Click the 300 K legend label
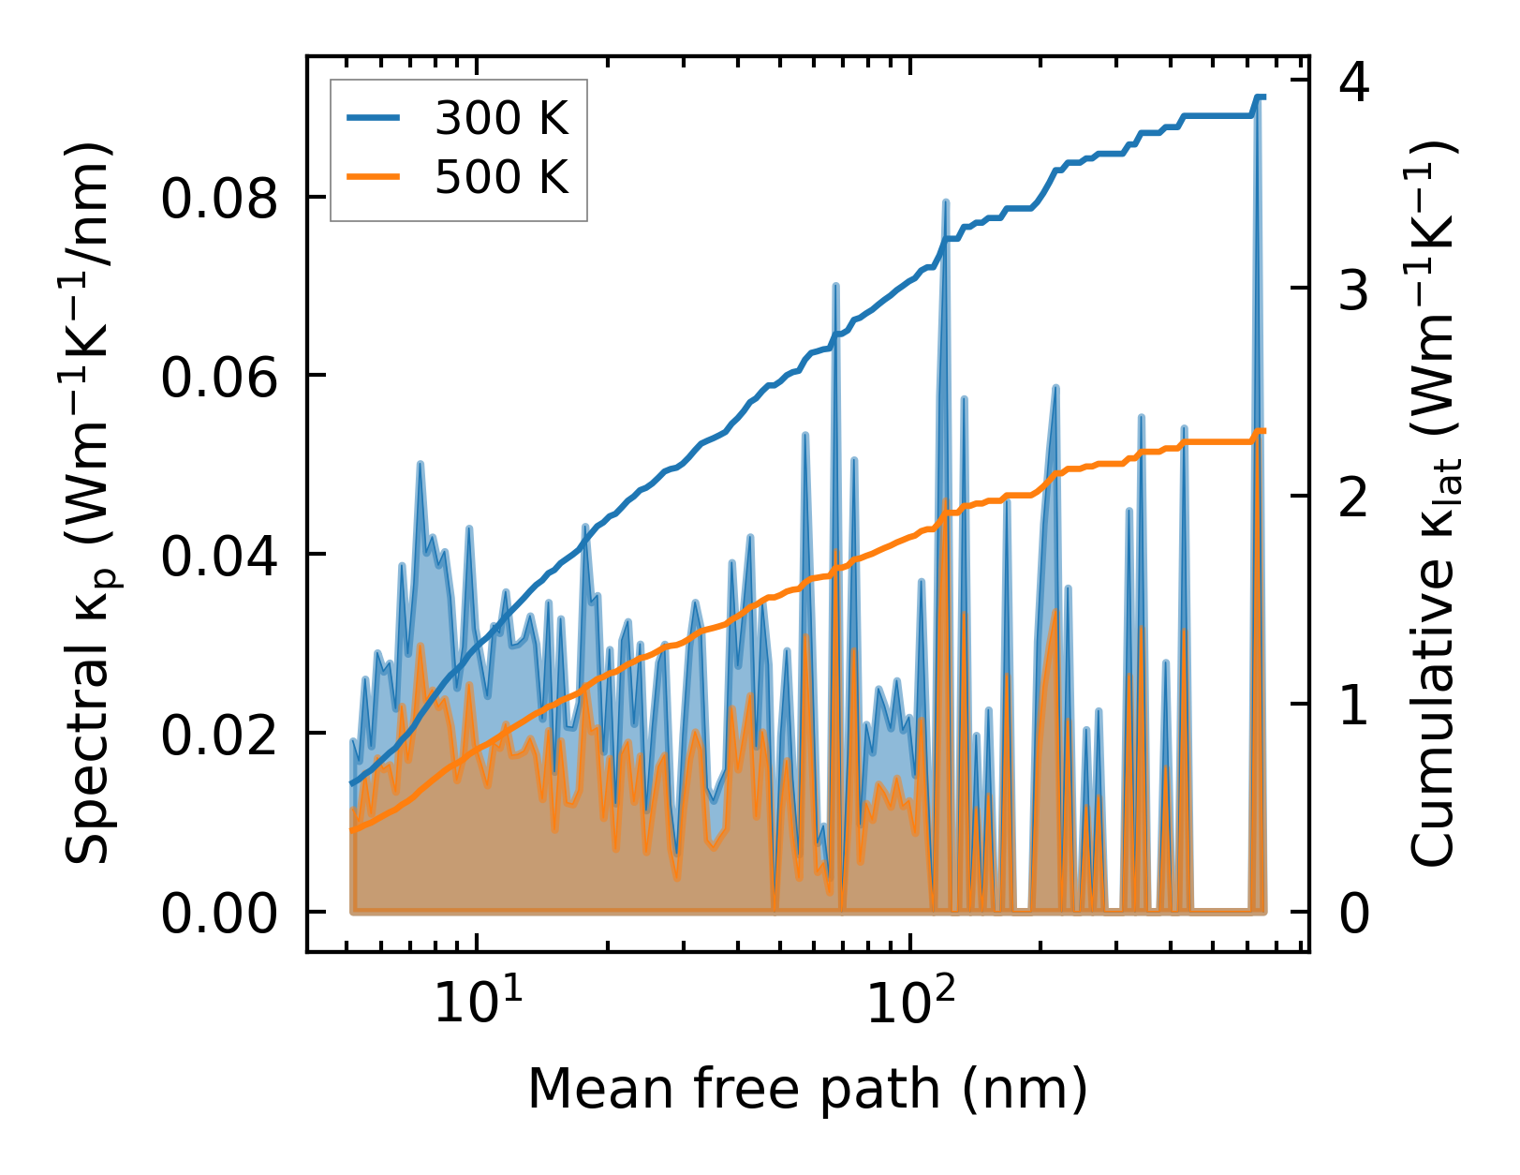coord(501,118)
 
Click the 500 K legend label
coord(501,176)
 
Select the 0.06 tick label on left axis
coord(219,378)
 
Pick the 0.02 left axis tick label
coord(219,735)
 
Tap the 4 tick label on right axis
coord(1354,82)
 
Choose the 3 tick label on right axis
coord(1354,290)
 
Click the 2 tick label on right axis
coord(1354,498)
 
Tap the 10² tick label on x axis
coord(908,1004)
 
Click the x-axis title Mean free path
coord(807,1090)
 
